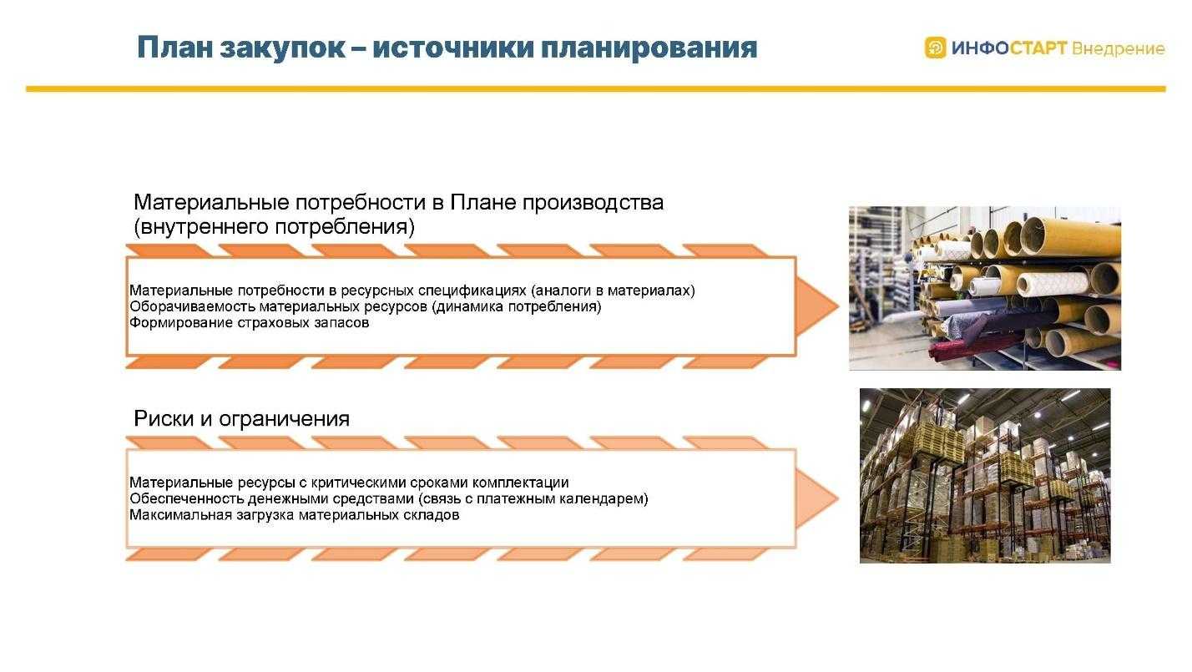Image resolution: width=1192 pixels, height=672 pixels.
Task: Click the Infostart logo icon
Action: pyautogui.click(x=935, y=48)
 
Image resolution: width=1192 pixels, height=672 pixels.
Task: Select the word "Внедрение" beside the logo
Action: pyautogui.click(x=1118, y=48)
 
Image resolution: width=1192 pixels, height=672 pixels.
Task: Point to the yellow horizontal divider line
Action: pyautogui.click(x=596, y=88)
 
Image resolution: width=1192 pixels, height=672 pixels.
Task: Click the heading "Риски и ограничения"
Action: pyautogui.click(x=241, y=419)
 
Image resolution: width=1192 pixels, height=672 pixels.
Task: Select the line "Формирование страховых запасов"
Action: pyautogui.click(x=249, y=322)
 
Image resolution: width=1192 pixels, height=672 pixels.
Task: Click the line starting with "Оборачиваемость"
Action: pyautogui.click(x=365, y=306)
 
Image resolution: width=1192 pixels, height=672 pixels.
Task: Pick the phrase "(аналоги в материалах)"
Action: pyautogui.click(x=613, y=291)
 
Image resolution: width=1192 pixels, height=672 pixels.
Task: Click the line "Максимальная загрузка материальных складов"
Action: pyautogui.click(x=295, y=515)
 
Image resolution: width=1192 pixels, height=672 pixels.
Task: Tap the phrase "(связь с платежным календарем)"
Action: pyautogui.click(x=533, y=499)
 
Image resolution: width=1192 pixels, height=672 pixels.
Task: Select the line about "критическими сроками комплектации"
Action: pyautogui.click(x=349, y=483)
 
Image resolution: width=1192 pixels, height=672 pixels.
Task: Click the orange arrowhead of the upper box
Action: pyautogui.click(x=816, y=306)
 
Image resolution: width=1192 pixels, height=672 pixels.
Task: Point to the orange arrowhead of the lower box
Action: pyautogui.click(x=816, y=498)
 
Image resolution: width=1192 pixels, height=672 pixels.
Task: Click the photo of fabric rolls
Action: pyautogui.click(x=984, y=288)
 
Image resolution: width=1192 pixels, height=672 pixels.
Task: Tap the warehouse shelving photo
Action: pyautogui.click(x=985, y=476)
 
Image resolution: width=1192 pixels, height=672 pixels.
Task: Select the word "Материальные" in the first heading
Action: pyautogui.click(x=211, y=203)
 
